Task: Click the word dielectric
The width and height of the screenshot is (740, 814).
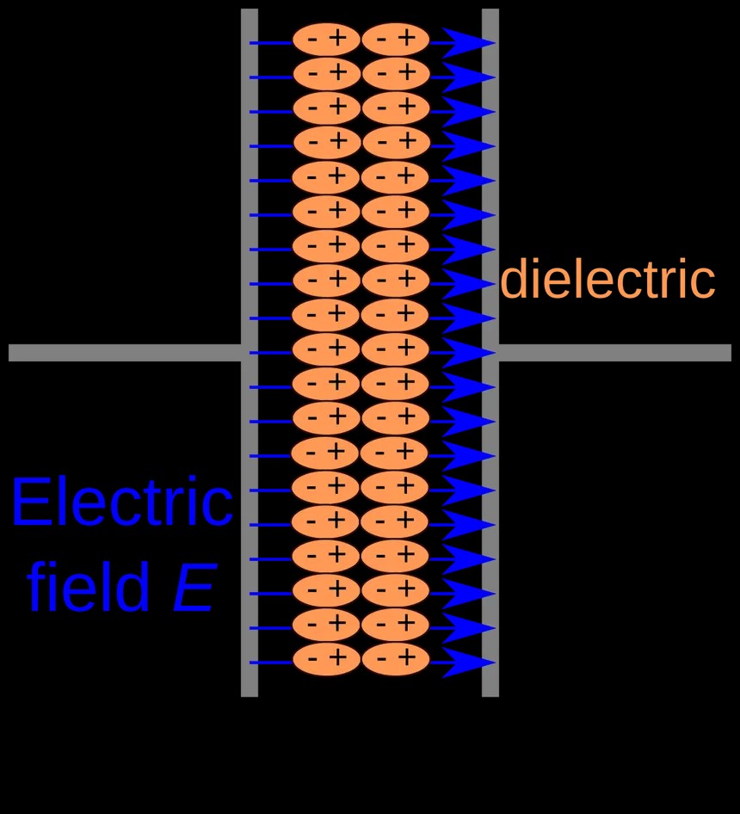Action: pyautogui.click(x=607, y=279)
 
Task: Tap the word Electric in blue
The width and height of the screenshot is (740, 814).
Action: pyautogui.click(x=122, y=502)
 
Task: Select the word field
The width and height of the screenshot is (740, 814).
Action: pyautogui.click(x=89, y=586)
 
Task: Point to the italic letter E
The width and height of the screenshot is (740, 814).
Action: pyautogui.click(x=194, y=587)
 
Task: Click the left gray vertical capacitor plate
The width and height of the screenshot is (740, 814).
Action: pyautogui.click(x=250, y=353)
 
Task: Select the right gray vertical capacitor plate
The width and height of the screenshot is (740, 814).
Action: pyautogui.click(x=490, y=353)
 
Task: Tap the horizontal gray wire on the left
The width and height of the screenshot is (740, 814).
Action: pyautogui.click(x=125, y=353)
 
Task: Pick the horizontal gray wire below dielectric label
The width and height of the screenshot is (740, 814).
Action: pyautogui.click(x=615, y=353)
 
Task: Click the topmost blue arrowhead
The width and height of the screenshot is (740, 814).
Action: pyautogui.click(x=468, y=42)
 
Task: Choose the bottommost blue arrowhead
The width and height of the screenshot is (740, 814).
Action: pyautogui.click(x=468, y=663)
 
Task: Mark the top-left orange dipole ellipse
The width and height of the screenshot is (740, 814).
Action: pyautogui.click(x=326, y=40)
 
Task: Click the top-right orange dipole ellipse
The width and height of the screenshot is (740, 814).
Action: pyautogui.click(x=395, y=40)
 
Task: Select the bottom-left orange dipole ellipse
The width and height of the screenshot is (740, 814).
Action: pyautogui.click(x=326, y=659)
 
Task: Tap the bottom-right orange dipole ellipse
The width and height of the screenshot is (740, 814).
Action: pyautogui.click(x=395, y=659)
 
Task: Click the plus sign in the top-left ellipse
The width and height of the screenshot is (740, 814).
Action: pyautogui.click(x=337, y=38)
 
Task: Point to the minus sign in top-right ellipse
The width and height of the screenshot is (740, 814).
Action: pyautogui.click(x=382, y=40)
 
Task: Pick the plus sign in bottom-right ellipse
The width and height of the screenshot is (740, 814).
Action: pyautogui.click(x=407, y=657)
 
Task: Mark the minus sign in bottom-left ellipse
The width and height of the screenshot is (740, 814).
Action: pyautogui.click(x=312, y=659)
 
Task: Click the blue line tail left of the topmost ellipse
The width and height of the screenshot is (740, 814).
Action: pyautogui.click(x=271, y=42)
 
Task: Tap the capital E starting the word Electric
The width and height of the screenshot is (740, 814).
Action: pyautogui.click(x=30, y=502)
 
